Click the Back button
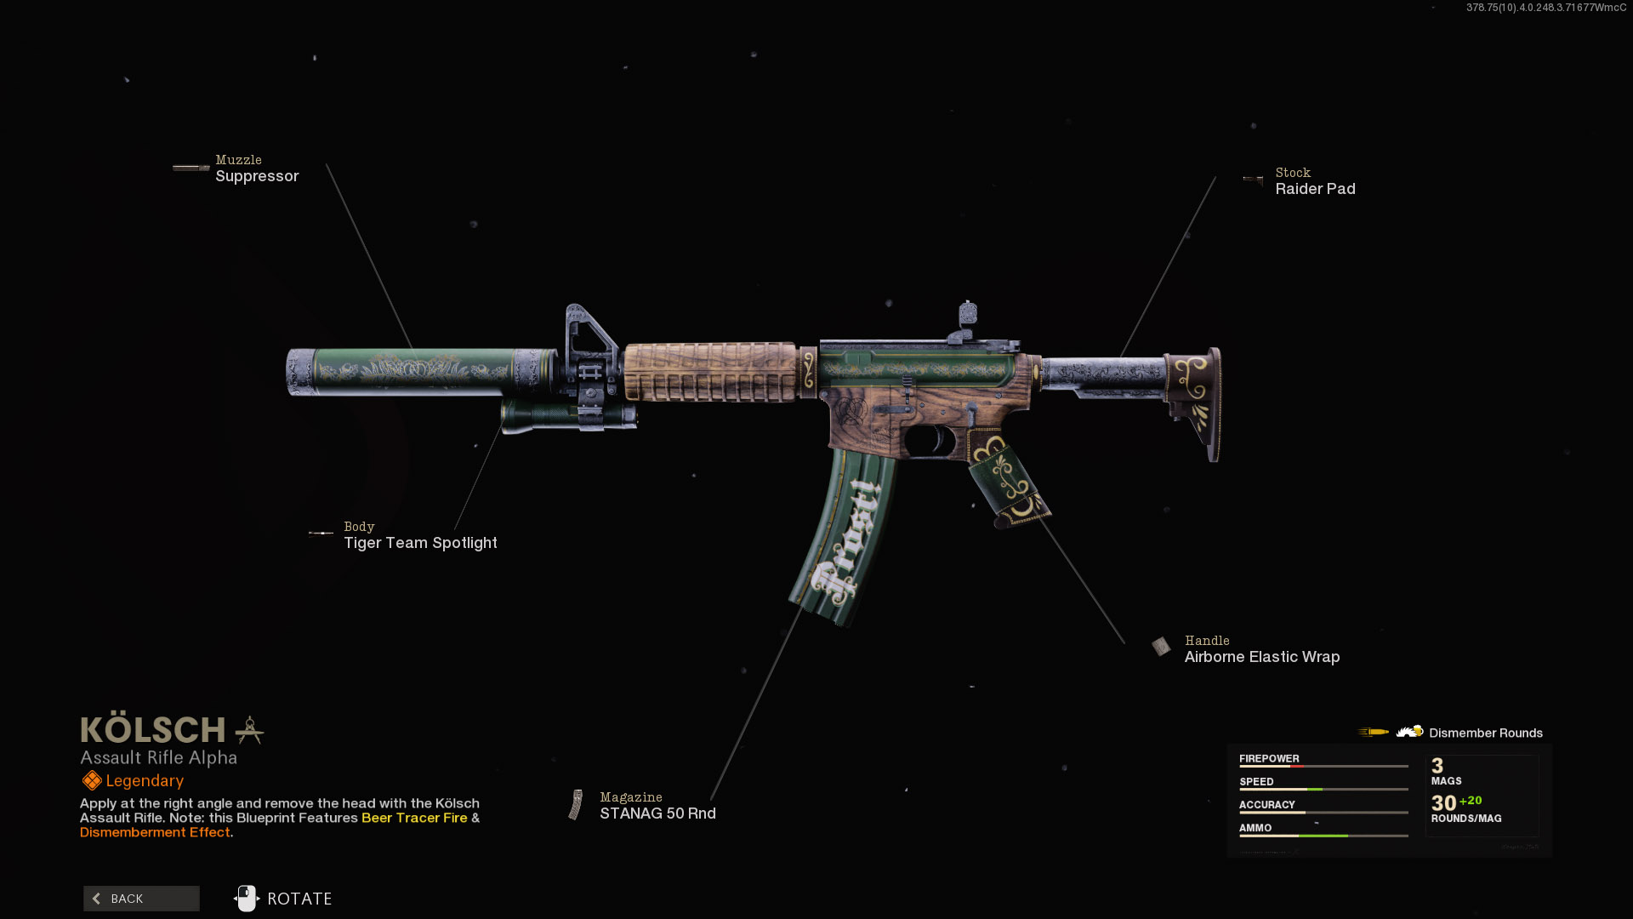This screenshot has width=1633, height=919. [x=141, y=899]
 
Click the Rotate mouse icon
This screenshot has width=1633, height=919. [x=247, y=899]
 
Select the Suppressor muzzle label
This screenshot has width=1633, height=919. [x=257, y=176]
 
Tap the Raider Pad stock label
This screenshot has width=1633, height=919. [x=1315, y=189]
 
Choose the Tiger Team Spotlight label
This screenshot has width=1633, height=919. [x=420, y=543]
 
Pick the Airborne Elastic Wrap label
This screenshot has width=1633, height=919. [x=1261, y=657]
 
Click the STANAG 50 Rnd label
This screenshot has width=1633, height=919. [x=657, y=813]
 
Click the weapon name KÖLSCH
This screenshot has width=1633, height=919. [x=153, y=730]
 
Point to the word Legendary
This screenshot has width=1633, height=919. [x=145, y=781]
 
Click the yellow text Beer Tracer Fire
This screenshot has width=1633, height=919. [x=414, y=818]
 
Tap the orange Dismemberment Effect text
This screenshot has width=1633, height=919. [x=155, y=832]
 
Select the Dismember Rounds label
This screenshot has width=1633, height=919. [x=1485, y=733]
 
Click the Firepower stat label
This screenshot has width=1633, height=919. [x=1269, y=758]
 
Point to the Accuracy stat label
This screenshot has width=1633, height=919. [x=1266, y=804]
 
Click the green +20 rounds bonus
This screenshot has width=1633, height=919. [x=1471, y=801]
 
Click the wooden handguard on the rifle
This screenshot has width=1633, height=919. [x=710, y=372]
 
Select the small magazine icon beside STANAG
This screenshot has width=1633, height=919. [x=577, y=805]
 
